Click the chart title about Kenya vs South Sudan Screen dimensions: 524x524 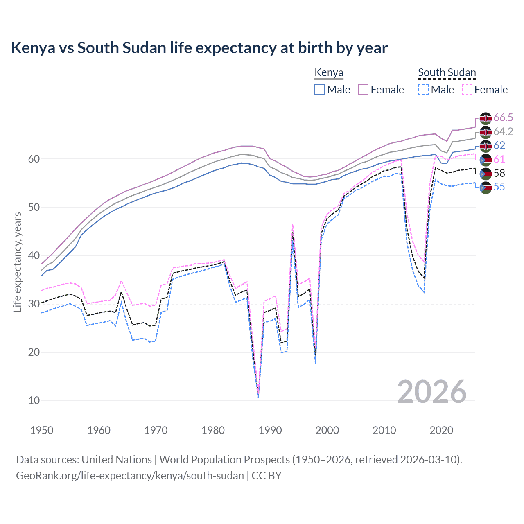pos(199,48)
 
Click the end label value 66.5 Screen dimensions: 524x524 pos(503,118)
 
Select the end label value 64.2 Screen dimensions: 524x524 pos(503,132)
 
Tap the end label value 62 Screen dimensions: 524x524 pos(499,146)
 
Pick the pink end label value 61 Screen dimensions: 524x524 pos(499,160)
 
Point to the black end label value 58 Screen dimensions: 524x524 pos(499,173)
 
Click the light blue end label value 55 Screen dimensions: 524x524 pos(499,187)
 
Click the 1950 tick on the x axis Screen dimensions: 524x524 pos(42,430)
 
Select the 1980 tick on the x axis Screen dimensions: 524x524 pos(213,430)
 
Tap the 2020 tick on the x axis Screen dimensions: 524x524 pos(441,430)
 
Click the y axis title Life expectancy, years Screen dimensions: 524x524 pos(18,262)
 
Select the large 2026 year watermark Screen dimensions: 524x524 pos(431,392)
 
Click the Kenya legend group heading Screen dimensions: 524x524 pos(329,73)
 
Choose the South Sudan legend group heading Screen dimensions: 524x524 pos(447,73)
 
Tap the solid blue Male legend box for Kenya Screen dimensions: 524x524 pos(320,90)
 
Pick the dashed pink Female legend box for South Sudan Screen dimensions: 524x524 pos(467,90)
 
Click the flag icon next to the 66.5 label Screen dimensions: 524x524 pos(485,118)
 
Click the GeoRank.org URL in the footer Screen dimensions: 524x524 pos(130,476)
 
